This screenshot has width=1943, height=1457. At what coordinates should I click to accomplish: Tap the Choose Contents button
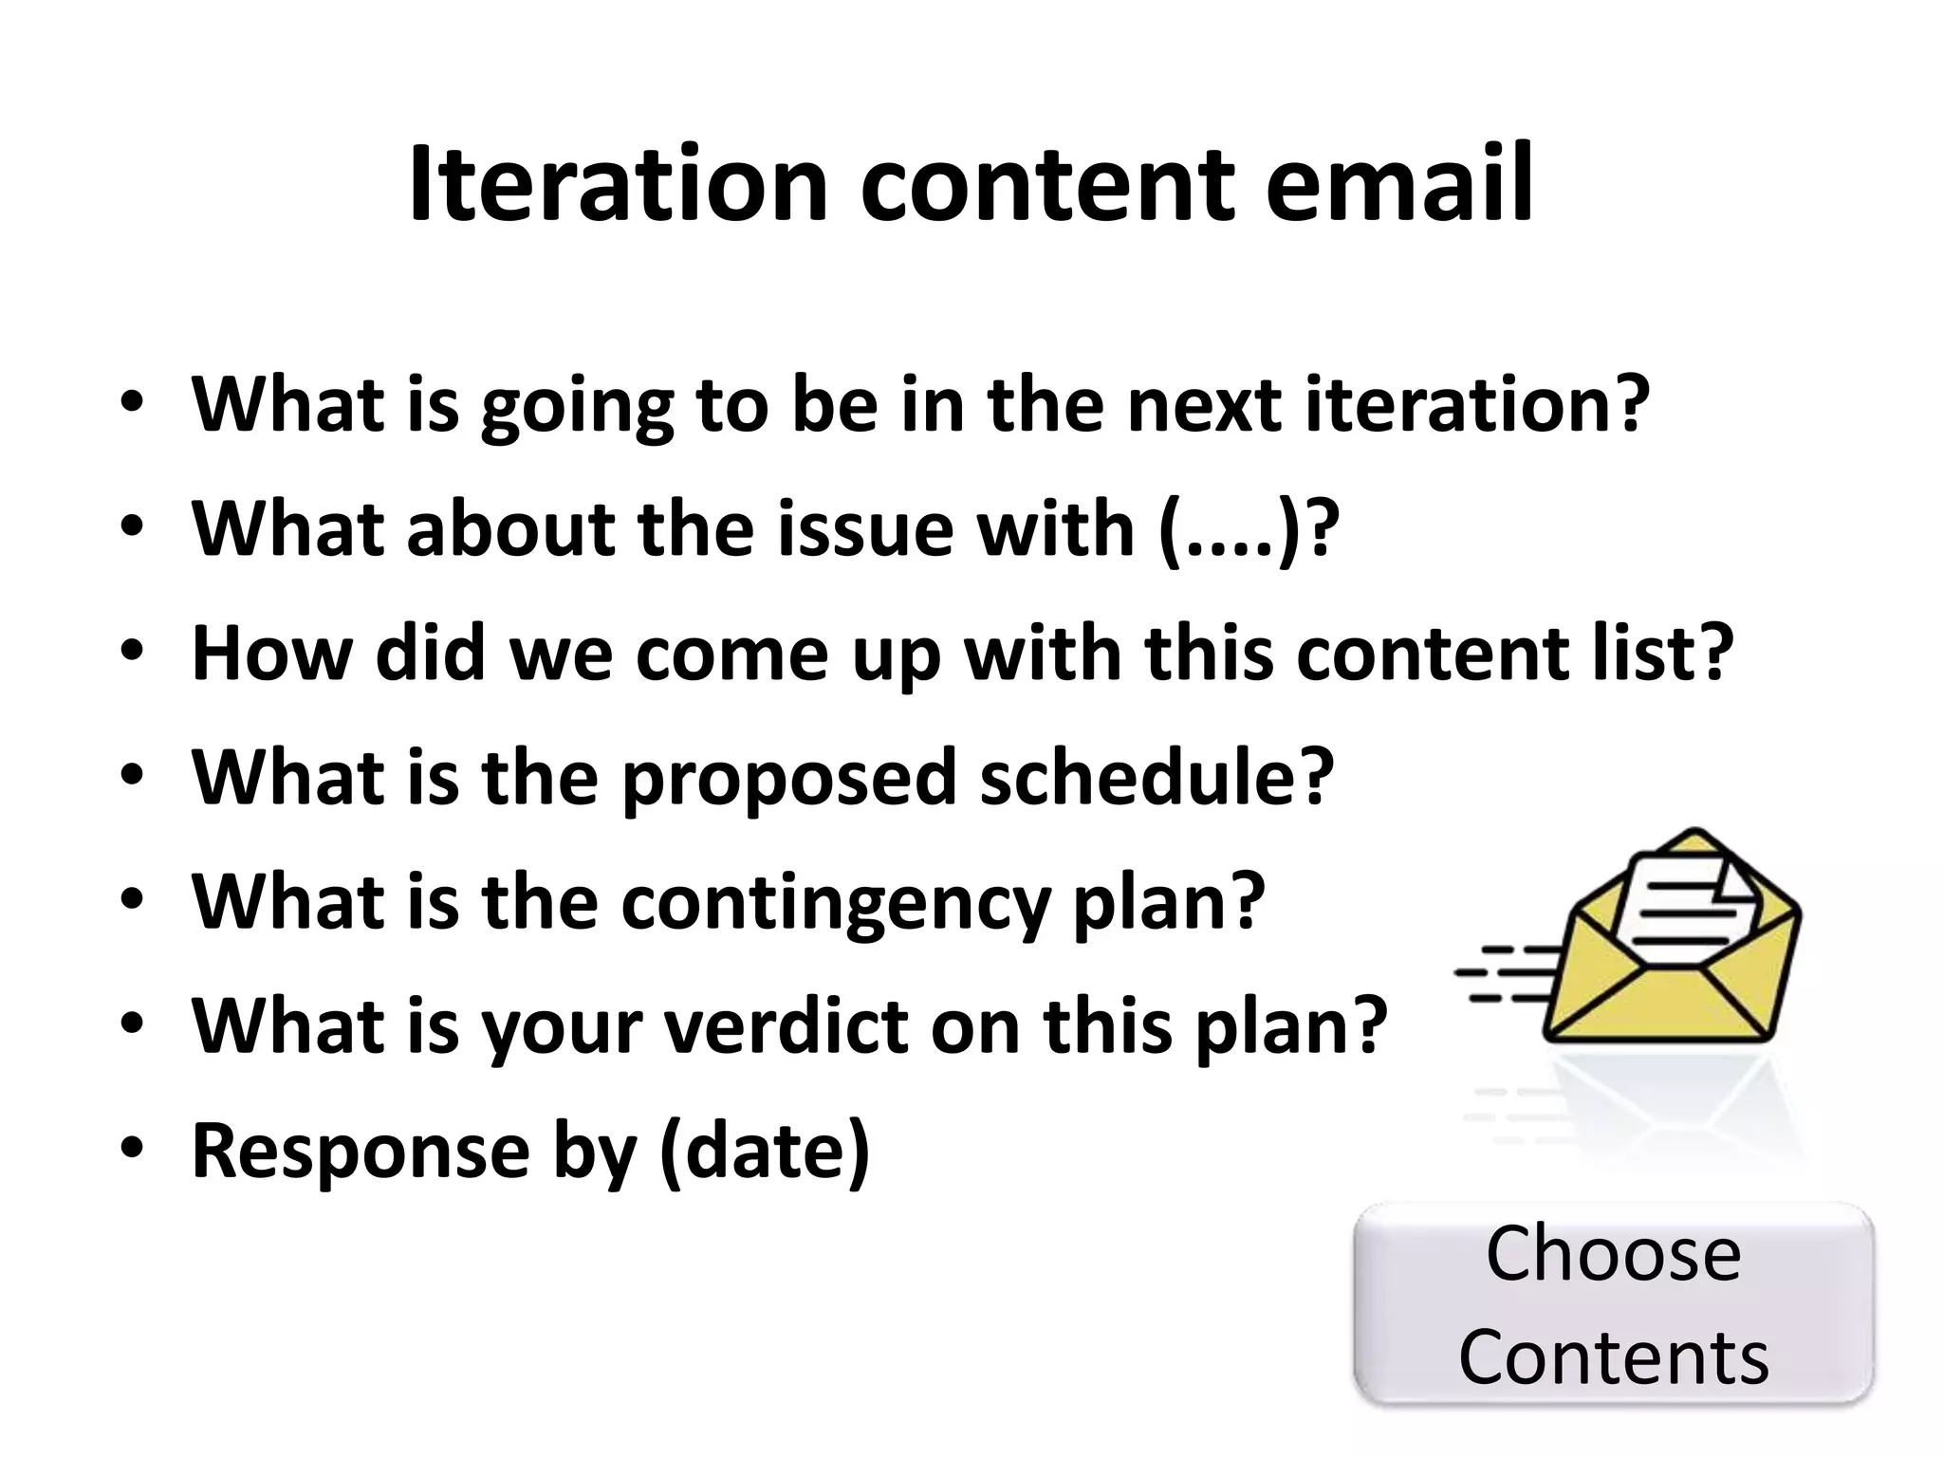pos(1613,1303)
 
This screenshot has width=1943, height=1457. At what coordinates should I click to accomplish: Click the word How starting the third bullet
pos(271,654)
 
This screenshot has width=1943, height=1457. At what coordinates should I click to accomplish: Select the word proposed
pos(788,779)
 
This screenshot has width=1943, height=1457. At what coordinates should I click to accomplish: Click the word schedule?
pos(1157,777)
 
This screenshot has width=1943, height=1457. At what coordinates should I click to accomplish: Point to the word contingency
pos(835,903)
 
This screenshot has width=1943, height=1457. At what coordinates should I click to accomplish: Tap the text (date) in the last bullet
pos(764,1151)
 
